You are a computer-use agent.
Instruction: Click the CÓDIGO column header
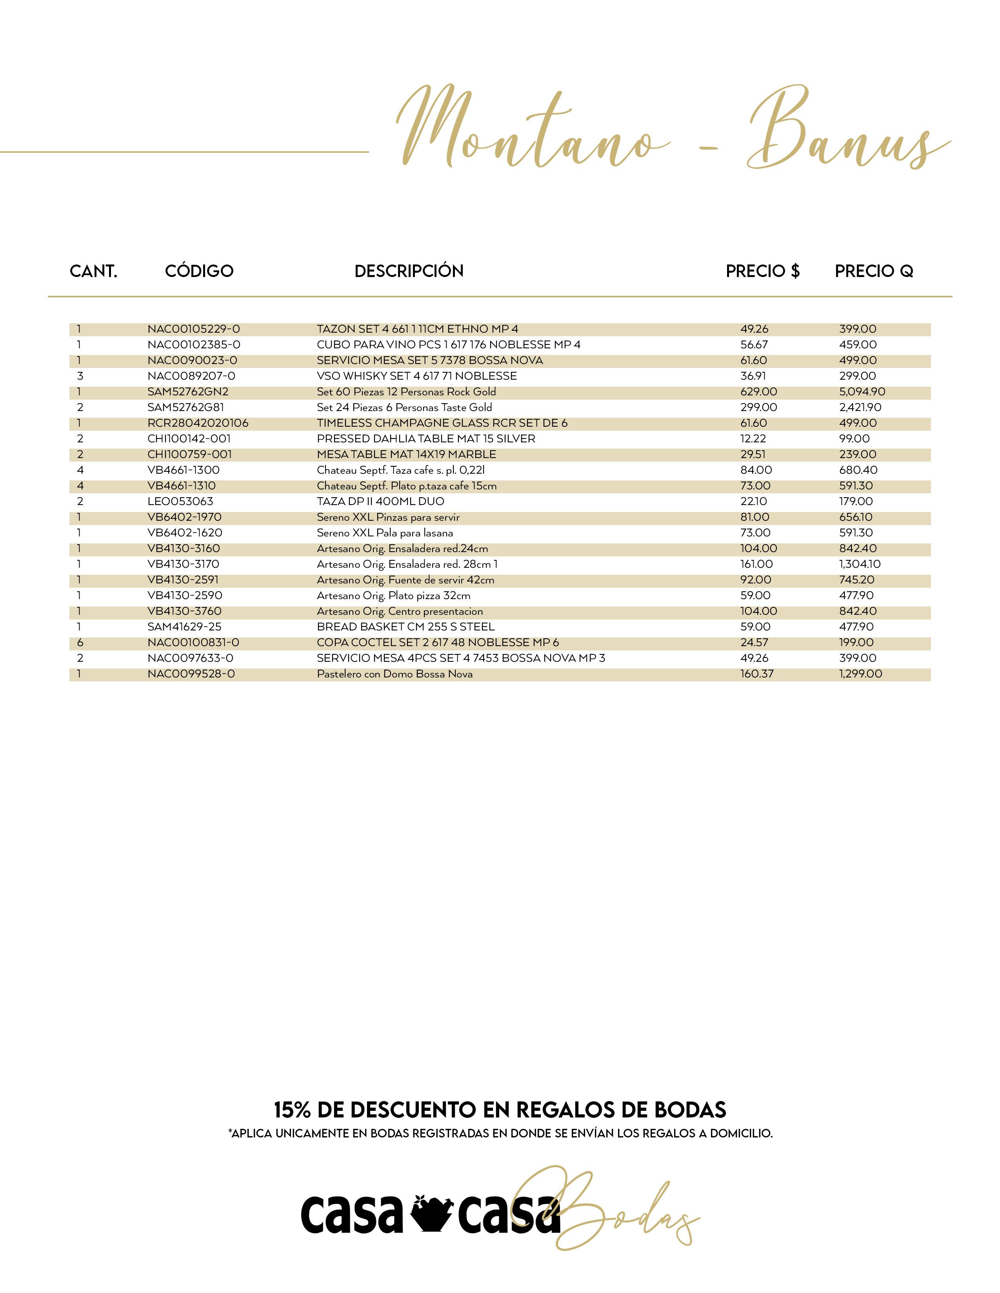click(199, 271)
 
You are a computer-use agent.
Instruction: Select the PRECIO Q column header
click(874, 271)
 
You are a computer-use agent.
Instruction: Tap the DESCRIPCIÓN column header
click(409, 271)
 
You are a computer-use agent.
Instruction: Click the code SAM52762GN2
click(188, 392)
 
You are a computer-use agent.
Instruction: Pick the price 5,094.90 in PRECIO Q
click(862, 392)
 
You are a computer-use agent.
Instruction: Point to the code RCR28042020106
click(198, 423)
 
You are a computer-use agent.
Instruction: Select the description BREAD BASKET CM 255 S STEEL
click(405, 627)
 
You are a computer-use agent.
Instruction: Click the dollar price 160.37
click(756, 674)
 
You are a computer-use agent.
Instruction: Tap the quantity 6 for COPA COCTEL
click(80, 642)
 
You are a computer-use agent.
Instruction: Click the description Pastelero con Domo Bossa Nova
click(395, 674)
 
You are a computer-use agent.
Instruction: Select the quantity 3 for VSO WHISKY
click(80, 376)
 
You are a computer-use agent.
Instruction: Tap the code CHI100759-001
click(189, 455)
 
